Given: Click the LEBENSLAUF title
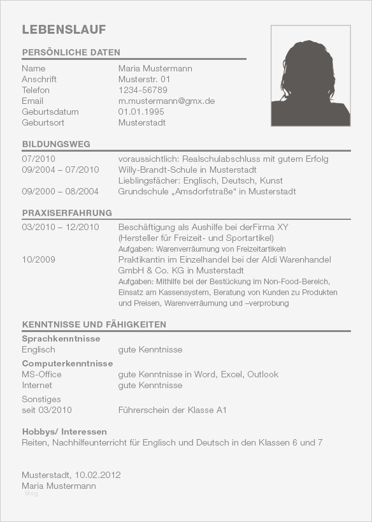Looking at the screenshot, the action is tap(64, 30).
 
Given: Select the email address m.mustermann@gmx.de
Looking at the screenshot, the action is tap(166, 101).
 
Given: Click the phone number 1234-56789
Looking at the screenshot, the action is tap(143, 90).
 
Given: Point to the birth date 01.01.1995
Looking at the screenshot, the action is tap(141, 112).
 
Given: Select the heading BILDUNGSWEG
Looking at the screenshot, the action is tap(56, 144).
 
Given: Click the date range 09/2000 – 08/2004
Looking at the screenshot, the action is tap(60, 191).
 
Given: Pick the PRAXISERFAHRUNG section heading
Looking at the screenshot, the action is tap(67, 213).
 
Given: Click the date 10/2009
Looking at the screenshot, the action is tap(38, 260).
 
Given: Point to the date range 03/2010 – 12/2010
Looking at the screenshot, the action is tap(60, 227).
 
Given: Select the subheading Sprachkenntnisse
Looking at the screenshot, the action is tap(61, 338).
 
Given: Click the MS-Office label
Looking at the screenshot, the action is tap(41, 374).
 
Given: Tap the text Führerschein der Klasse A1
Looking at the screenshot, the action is tap(172, 410).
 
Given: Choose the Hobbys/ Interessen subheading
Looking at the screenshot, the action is tap(64, 431).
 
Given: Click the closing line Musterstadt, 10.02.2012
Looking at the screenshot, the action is tap(71, 475).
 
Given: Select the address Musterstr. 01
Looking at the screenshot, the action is tap(145, 79).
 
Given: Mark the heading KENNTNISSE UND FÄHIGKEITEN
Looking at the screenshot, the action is tap(94, 324).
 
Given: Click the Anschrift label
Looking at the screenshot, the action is tap(39, 79).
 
